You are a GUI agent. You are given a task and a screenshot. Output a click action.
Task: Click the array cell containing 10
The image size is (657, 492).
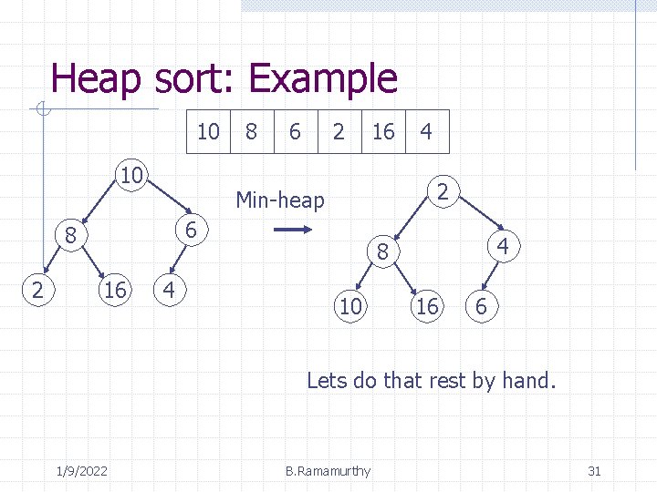coord(209,132)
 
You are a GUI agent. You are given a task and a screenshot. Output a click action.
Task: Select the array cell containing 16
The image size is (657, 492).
coord(383,132)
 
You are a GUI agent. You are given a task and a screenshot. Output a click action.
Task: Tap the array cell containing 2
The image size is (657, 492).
coord(339,132)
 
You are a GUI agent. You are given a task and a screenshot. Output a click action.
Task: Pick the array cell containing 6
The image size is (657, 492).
coord(295,132)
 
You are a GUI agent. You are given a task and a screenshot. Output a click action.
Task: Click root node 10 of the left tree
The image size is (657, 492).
coord(132,174)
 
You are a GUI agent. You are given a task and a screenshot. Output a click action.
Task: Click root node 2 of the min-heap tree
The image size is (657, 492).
coord(442,191)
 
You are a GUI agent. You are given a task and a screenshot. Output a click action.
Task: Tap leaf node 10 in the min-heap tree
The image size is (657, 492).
coord(350,307)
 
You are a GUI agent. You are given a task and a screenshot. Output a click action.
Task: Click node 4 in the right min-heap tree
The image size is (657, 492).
coord(503,247)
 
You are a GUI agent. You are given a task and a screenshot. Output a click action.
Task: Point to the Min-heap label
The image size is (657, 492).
coord(280,200)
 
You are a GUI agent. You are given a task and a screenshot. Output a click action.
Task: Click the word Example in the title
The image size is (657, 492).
coord(323,79)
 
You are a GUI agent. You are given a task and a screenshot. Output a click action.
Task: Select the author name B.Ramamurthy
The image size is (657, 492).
coord(328,471)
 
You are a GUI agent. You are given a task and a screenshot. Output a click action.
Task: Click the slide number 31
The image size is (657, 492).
coord(594,471)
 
